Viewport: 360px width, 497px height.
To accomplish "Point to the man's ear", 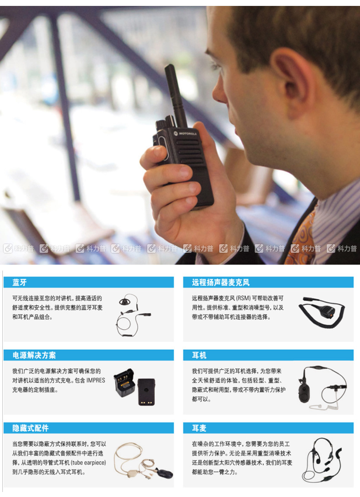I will click(x=292, y=82).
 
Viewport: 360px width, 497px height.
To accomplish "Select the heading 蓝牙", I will click(x=20, y=282).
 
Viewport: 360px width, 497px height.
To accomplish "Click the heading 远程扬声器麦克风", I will click(x=221, y=282).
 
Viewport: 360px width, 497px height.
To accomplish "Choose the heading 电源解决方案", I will click(x=34, y=355).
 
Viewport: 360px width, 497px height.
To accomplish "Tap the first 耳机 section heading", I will click(x=199, y=355).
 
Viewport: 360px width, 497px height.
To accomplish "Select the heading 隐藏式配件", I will click(x=31, y=428).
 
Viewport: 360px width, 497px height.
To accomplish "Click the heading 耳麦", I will click(x=199, y=428).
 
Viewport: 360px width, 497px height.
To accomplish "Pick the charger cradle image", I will click(x=124, y=383).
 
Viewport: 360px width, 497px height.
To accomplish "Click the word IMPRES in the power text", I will click(x=96, y=380).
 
